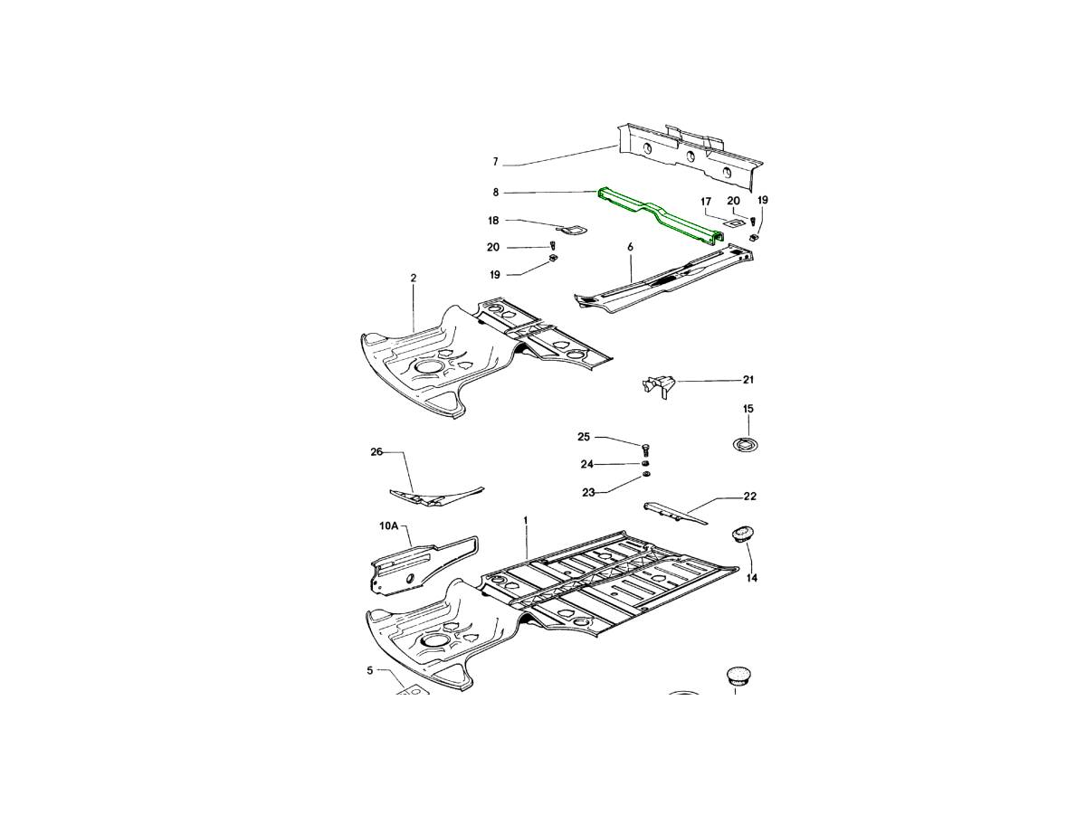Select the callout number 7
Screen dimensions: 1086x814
(x=495, y=162)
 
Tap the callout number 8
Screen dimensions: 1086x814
(x=496, y=192)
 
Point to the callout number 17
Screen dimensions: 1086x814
(x=706, y=201)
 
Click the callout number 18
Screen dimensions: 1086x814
(x=493, y=221)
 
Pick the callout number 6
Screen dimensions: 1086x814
(x=630, y=247)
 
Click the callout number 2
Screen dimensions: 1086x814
(x=413, y=278)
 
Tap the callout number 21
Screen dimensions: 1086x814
(x=748, y=380)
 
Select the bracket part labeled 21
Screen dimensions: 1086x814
(x=659, y=386)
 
